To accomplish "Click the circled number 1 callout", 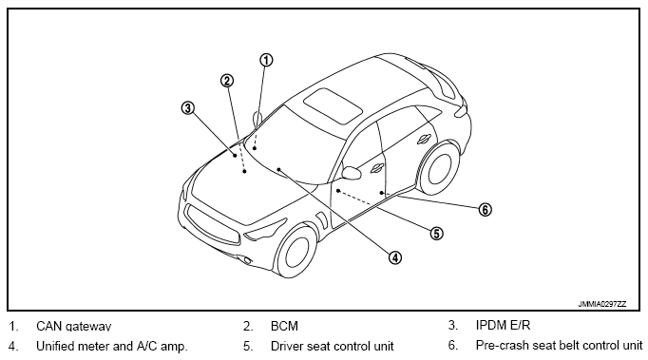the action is (x=266, y=61).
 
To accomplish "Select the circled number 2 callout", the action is (x=226, y=81).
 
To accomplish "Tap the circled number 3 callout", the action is (x=187, y=108).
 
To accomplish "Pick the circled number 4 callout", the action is (x=395, y=258).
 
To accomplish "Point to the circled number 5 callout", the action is (x=436, y=234).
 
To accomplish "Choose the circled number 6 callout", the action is (x=486, y=210).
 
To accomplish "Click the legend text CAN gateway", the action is (x=73, y=326).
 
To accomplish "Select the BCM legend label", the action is (x=284, y=326).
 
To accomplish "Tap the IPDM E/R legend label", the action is (x=503, y=325).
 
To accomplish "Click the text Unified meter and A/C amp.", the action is (x=112, y=346).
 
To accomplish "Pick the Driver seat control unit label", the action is (x=333, y=346).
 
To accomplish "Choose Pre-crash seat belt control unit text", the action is (x=559, y=345).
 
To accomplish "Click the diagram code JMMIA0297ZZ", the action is (x=602, y=304).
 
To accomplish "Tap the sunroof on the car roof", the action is (x=334, y=105).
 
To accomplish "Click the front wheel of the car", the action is (x=295, y=250).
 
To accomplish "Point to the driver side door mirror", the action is (x=351, y=173).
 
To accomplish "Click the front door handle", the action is (x=377, y=168).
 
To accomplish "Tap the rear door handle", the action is (x=424, y=140).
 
